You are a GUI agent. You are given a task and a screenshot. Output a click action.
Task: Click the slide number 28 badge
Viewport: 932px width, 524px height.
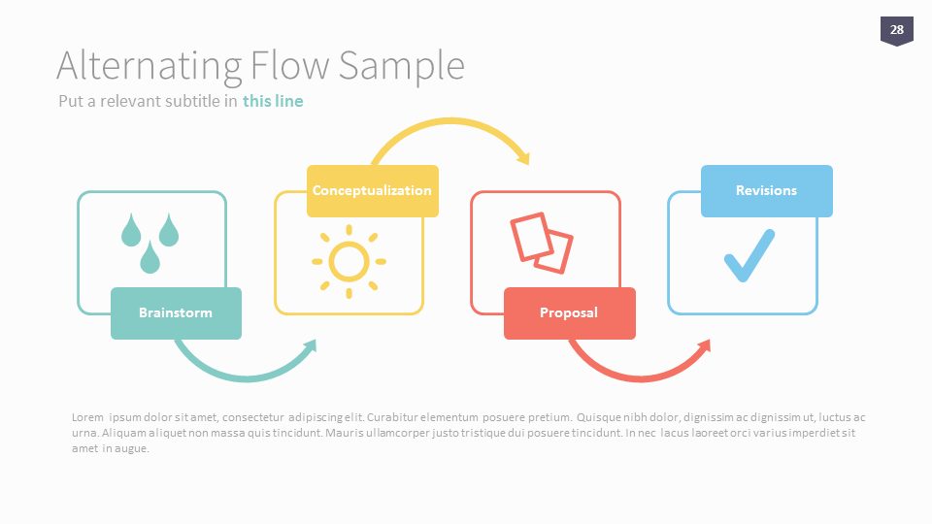tap(896, 30)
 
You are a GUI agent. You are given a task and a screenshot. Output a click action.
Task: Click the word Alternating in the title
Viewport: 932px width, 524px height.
tap(149, 66)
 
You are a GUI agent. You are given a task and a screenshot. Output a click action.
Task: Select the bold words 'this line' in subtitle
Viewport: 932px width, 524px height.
tap(273, 101)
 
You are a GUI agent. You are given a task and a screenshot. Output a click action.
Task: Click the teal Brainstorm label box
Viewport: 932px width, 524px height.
tap(176, 312)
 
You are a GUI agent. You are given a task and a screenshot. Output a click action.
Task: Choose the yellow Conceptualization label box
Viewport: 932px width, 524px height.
tap(372, 190)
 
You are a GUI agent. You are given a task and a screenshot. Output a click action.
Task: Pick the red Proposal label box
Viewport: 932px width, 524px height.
tap(569, 312)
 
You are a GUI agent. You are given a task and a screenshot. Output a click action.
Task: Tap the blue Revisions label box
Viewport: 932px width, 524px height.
tap(766, 190)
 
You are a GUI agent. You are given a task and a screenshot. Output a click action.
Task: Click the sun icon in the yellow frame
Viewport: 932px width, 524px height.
tap(349, 261)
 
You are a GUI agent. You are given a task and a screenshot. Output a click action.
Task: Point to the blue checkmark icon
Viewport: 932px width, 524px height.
tap(749, 255)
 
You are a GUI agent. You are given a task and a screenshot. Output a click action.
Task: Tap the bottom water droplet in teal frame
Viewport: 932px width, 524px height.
tap(150, 258)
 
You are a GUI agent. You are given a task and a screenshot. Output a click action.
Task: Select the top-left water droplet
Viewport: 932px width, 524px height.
tap(131, 230)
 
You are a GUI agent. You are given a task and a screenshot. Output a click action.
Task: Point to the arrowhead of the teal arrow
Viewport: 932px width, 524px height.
tap(311, 346)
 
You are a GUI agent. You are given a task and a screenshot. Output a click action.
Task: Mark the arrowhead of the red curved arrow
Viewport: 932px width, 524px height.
tap(704, 346)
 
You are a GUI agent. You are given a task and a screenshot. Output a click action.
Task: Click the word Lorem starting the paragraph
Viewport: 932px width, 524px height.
tap(87, 417)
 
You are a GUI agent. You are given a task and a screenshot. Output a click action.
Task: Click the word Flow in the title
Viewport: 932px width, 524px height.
tap(288, 66)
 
